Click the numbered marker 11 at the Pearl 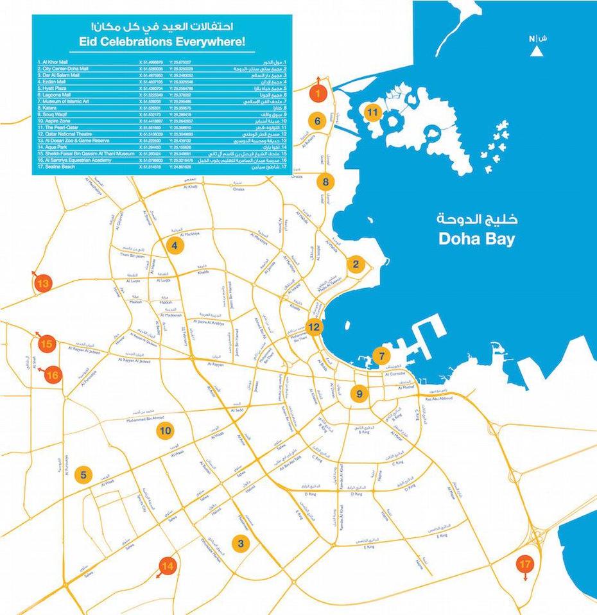(x=373, y=113)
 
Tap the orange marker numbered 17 (x=526, y=565)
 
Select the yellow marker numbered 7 (x=381, y=356)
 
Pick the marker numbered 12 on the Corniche (x=314, y=327)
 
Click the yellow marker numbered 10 (x=166, y=430)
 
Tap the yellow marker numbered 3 (x=241, y=544)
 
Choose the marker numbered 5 (x=83, y=475)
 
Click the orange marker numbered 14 (x=168, y=566)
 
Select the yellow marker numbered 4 (x=173, y=244)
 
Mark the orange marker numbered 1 (x=316, y=94)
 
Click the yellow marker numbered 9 (x=359, y=394)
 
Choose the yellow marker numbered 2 (x=357, y=263)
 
